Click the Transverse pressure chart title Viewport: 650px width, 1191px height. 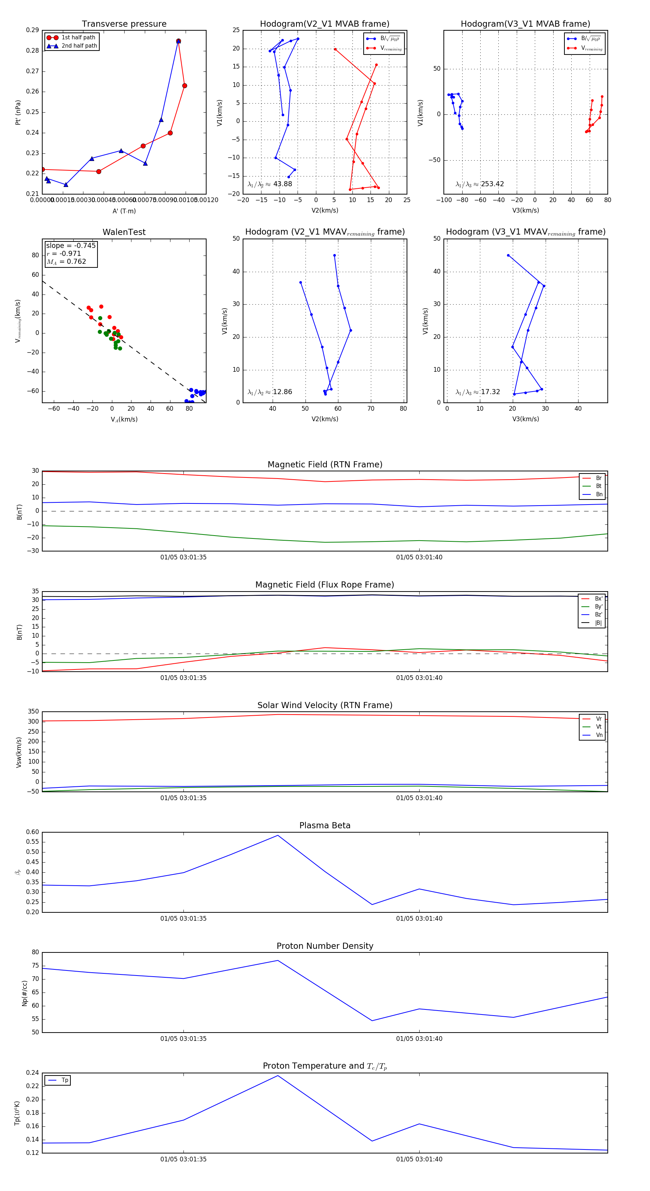124,24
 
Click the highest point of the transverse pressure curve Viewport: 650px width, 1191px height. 179,41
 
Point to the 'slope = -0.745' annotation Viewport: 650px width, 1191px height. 71,245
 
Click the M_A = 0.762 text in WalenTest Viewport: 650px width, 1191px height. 66,262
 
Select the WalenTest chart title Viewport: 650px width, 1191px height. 124,232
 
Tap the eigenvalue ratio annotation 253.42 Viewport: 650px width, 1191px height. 492,184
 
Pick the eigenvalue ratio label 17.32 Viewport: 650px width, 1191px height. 490,392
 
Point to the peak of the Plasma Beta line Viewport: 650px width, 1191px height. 278,836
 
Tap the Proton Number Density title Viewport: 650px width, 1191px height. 325,946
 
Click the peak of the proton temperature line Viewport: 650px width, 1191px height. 278,1076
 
